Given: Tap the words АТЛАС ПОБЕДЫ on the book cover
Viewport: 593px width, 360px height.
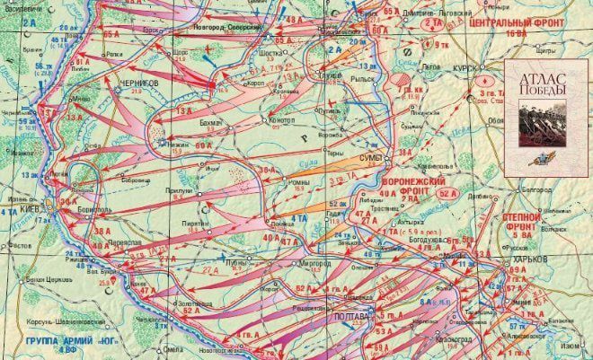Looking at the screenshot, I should (537, 87).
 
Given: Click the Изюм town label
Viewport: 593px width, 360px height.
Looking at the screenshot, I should (573, 346).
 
